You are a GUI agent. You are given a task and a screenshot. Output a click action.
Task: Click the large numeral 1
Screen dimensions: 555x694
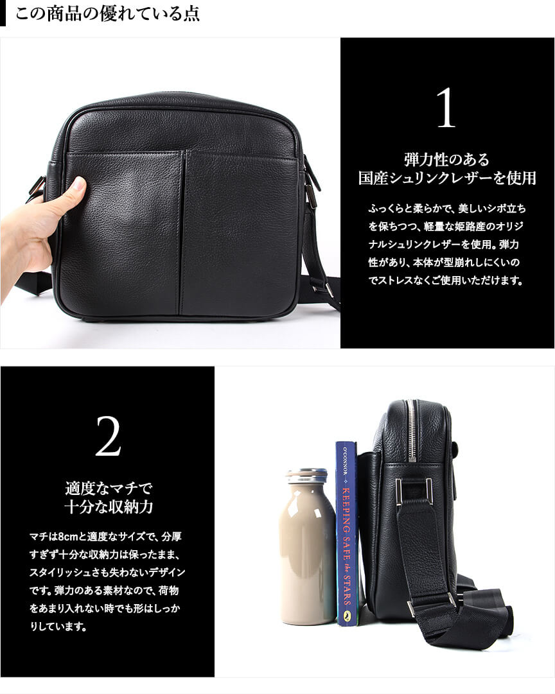point(446,108)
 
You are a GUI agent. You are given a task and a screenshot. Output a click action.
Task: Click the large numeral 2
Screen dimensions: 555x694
point(108,436)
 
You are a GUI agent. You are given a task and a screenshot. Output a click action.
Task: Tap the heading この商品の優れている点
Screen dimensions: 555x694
point(107,13)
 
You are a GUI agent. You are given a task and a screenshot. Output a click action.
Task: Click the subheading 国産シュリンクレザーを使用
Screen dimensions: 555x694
point(447,178)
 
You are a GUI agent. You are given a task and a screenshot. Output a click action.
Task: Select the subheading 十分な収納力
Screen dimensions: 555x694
point(109,507)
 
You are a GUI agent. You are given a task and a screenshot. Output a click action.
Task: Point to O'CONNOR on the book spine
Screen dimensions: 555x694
point(346,461)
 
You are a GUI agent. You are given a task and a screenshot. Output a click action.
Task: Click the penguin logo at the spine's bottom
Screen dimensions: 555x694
point(347,615)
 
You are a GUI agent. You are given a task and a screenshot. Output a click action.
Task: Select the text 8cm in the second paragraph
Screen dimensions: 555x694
point(67,537)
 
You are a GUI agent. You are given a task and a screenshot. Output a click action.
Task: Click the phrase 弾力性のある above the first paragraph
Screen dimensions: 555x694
point(446,159)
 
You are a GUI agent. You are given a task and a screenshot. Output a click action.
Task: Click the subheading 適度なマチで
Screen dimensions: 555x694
point(109,488)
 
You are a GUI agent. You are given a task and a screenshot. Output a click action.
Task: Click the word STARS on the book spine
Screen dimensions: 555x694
point(347,591)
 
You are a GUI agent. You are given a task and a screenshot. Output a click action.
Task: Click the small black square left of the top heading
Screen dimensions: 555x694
point(3,13)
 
